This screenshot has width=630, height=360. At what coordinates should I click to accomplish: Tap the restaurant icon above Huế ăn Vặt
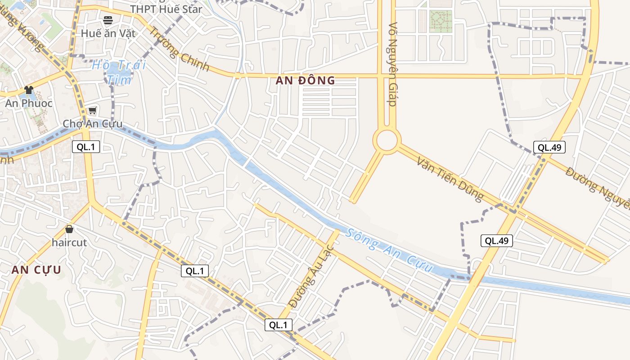(108, 20)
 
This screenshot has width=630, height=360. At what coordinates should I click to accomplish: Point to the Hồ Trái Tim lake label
(119, 72)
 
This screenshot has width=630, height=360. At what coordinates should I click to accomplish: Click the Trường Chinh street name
(179, 49)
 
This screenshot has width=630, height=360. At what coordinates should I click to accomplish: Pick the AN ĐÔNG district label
(306, 81)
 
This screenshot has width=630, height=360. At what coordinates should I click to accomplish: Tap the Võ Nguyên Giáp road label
(393, 64)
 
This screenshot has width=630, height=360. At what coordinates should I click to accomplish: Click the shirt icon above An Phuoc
(29, 90)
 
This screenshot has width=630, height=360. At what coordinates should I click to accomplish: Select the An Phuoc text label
(29, 103)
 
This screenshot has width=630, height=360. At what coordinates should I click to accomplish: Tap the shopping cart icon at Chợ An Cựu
(93, 110)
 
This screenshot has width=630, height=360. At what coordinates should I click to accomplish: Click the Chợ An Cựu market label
(92, 124)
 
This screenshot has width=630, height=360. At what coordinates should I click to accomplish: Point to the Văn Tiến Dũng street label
(450, 179)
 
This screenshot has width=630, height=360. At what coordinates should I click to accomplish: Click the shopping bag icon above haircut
(69, 229)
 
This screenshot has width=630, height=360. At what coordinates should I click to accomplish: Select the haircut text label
(69, 242)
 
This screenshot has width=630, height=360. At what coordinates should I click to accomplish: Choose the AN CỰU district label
(36, 270)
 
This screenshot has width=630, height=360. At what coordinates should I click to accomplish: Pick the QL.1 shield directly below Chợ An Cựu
(86, 146)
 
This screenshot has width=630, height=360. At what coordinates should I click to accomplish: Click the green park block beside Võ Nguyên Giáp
(441, 21)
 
